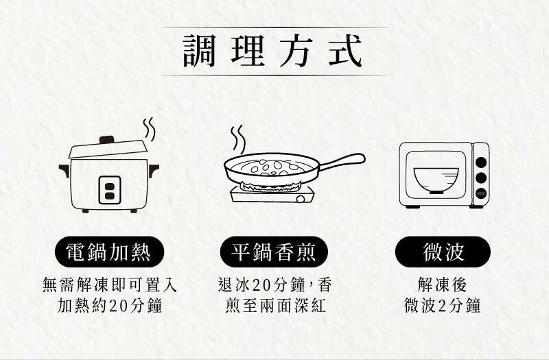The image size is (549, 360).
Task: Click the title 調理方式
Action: tap(274, 52)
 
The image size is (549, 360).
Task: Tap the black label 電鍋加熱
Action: tap(110, 252)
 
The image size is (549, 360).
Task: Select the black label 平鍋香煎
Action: tap(274, 252)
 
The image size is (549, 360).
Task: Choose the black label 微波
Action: tap(443, 252)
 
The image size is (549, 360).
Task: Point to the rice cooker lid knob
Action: tap(106, 139)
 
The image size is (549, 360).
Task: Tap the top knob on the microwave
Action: tap(481, 163)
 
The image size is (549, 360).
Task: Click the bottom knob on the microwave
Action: tap(481, 193)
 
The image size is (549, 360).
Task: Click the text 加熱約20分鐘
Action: tap(110, 305)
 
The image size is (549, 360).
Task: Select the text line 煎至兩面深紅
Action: tap(274, 305)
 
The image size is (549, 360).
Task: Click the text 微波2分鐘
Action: tap(443, 305)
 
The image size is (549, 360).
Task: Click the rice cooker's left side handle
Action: tap(65, 169)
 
